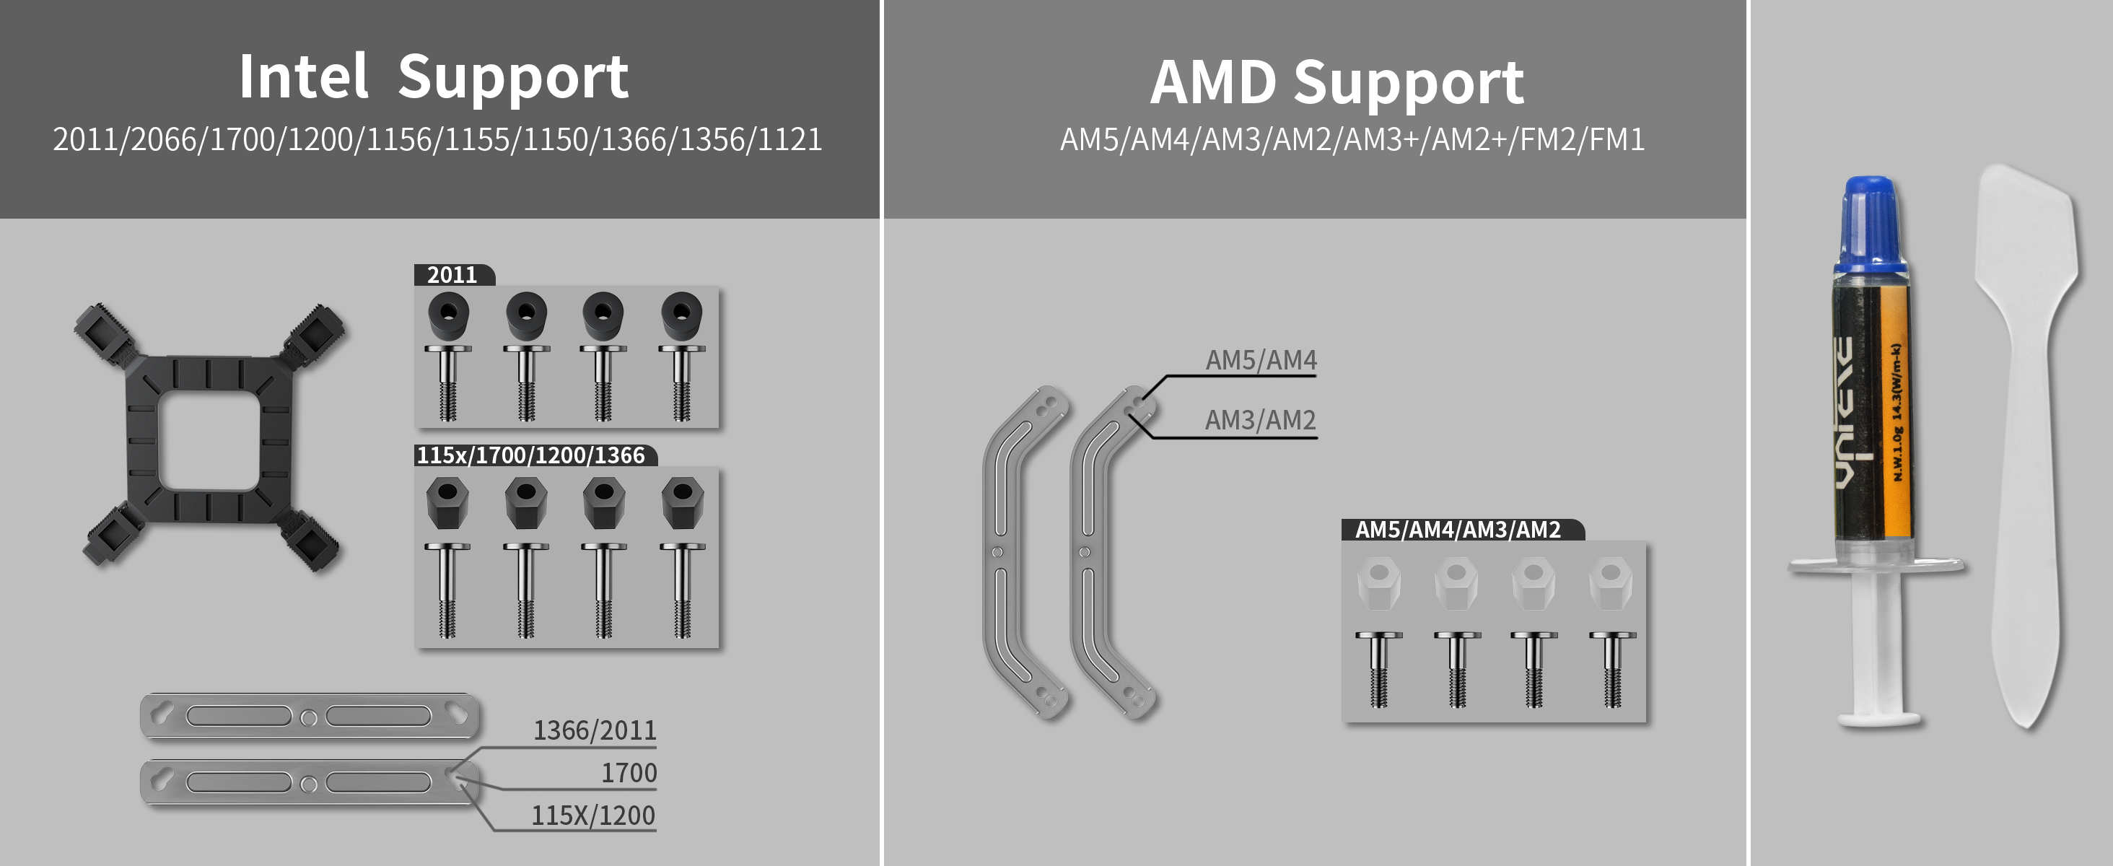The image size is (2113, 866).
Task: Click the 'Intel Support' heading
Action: [434, 77]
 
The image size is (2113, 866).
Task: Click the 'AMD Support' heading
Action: [1337, 83]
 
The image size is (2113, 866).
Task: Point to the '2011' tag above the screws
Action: [452, 275]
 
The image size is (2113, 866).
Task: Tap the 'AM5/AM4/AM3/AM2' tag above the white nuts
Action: [1458, 530]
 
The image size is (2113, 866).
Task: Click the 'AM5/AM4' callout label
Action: [1261, 360]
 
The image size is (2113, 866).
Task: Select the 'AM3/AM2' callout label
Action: [1260, 420]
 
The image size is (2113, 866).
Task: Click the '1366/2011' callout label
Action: [595, 730]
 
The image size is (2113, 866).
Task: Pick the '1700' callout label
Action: [629, 772]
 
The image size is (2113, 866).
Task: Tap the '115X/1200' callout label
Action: [593, 815]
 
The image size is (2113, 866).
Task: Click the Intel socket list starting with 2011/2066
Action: [437, 139]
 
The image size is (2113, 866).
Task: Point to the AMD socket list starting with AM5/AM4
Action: [1352, 139]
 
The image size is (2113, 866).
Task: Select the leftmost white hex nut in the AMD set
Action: [1379, 582]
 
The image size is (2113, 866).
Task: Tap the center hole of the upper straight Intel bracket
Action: [308, 718]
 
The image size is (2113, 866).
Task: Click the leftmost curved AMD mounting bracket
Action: [1009, 549]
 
